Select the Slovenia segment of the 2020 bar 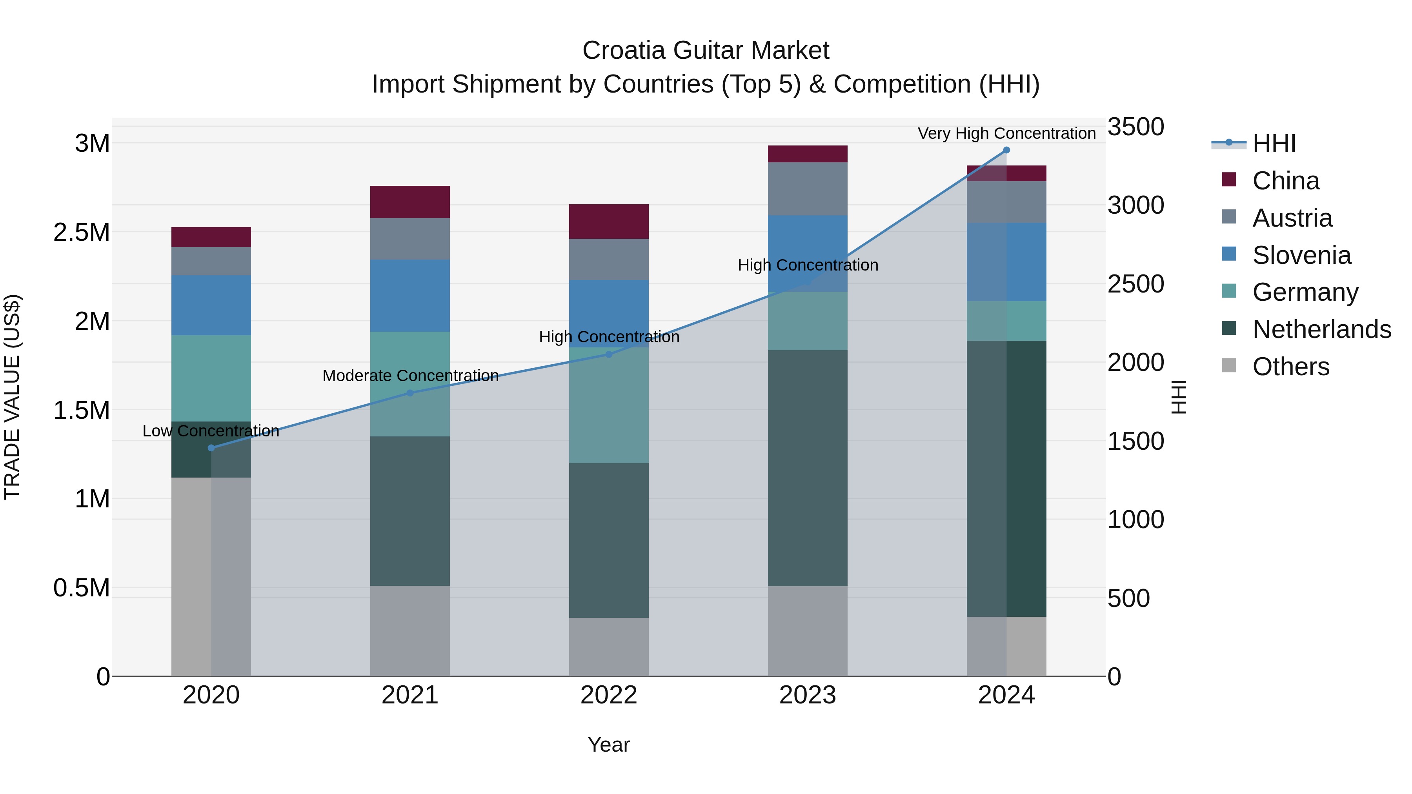[x=211, y=305]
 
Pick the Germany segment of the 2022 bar [x=608, y=405]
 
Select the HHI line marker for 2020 [x=211, y=448]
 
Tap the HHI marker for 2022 [x=608, y=354]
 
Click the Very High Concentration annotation [x=1006, y=133]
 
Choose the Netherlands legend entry [x=1321, y=329]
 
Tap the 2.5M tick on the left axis [x=82, y=233]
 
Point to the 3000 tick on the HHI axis [x=1135, y=205]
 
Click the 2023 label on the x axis [x=808, y=695]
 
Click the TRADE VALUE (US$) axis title [x=12, y=397]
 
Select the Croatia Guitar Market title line [x=706, y=51]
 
